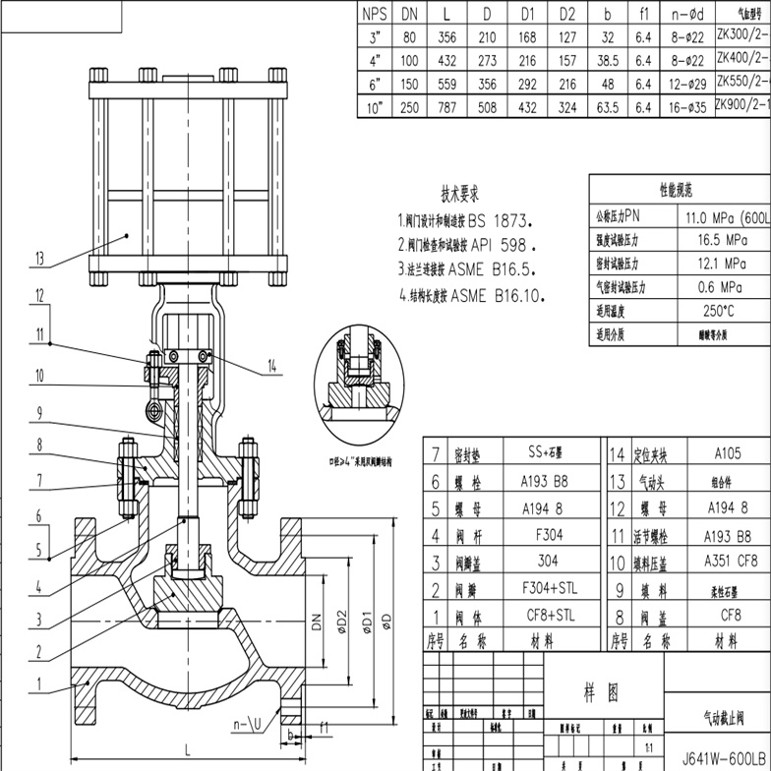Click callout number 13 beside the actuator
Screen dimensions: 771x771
[39, 260]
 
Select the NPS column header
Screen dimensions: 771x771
[375, 14]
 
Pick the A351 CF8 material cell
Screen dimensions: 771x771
[727, 562]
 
